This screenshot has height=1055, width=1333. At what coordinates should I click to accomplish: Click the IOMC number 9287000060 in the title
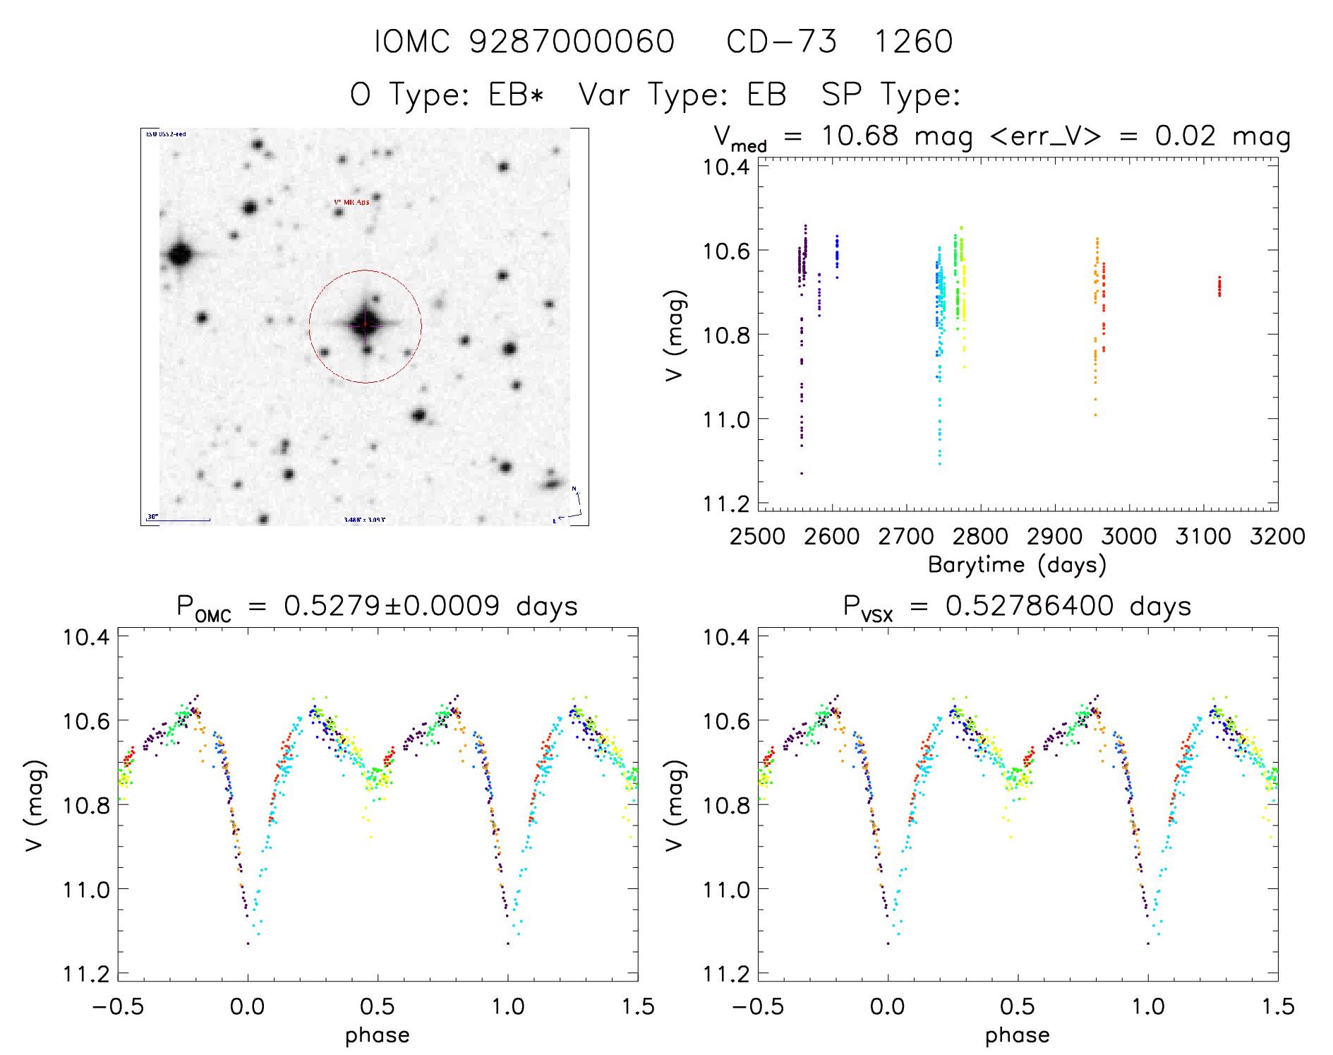pyautogui.click(x=572, y=42)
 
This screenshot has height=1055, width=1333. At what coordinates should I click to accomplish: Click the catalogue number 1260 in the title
pyautogui.click(x=913, y=42)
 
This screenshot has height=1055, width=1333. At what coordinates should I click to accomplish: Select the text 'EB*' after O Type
pyautogui.click(x=517, y=95)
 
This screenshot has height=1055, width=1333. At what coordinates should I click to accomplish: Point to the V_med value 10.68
pyautogui.click(x=859, y=136)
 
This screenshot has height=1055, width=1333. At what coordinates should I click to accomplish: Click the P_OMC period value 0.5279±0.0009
pyautogui.click(x=392, y=606)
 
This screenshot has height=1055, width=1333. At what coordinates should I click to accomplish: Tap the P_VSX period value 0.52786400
pyautogui.click(x=1030, y=606)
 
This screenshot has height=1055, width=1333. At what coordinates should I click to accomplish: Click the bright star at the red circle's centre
pyautogui.click(x=366, y=325)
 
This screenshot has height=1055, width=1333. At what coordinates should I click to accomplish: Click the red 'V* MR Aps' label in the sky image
pyautogui.click(x=351, y=202)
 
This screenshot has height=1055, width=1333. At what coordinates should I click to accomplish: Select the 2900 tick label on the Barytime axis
pyautogui.click(x=1054, y=537)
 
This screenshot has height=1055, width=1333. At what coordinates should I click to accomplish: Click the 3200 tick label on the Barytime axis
pyautogui.click(x=1277, y=537)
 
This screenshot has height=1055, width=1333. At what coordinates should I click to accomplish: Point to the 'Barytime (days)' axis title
pyautogui.click(x=1017, y=565)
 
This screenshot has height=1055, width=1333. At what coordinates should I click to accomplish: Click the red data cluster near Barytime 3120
pyautogui.click(x=1219, y=286)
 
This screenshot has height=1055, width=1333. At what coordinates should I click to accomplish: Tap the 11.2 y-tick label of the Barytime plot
pyautogui.click(x=726, y=503)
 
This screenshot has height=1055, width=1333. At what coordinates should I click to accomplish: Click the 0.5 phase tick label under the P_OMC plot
pyautogui.click(x=378, y=1006)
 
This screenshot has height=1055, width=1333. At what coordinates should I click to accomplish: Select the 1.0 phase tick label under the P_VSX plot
pyautogui.click(x=1148, y=1006)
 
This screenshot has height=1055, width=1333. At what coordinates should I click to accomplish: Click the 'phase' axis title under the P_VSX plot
pyautogui.click(x=1017, y=1035)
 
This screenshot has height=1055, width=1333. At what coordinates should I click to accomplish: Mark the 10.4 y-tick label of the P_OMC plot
pyautogui.click(x=86, y=637)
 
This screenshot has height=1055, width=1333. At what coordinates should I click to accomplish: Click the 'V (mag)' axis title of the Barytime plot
pyautogui.click(x=675, y=335)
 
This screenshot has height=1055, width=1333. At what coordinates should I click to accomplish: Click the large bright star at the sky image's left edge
pyautogui.click(x=180, y=254)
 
